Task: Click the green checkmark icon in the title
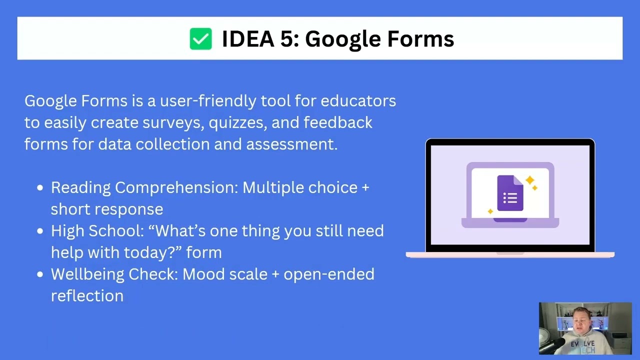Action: pyautogui.click(x=200, y=39)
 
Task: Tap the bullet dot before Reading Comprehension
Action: pyautogui.click(x=40, y=188)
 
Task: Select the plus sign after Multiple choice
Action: pyautogui.click(x=365, y=188)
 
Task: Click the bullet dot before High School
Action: pyautogui.click(x=40, y=231)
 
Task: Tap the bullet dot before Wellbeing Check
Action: pyautogui.click(x=40, y=275)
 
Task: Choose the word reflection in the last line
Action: pyautogui.click(x=87, y=296)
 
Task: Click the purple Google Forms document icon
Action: pyautogui.click(x=509, y=193)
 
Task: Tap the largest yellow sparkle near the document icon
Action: pyautogui.click(x=529, y=179)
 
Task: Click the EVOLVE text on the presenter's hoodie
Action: pyautogui.click(x=583, y=344)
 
